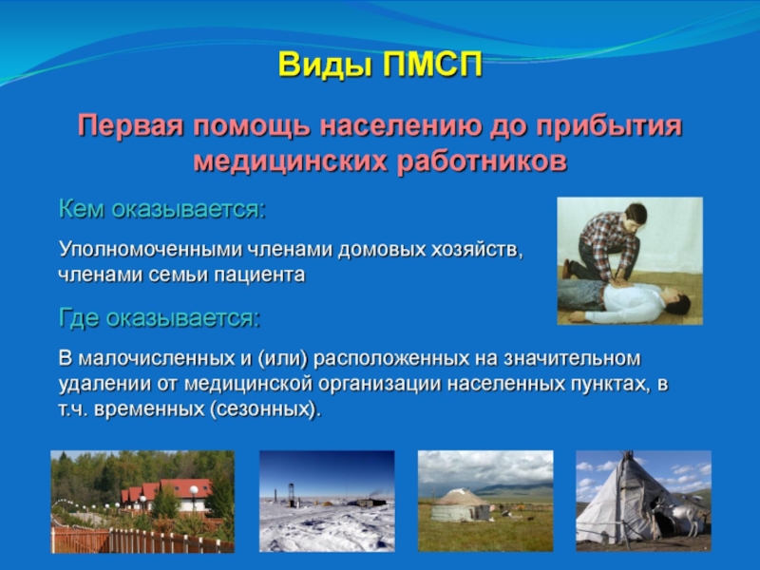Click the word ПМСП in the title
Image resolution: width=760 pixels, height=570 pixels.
point(433,65)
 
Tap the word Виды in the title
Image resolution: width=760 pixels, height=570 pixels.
point(325,65)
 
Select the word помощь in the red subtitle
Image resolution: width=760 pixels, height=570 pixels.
point(252,127)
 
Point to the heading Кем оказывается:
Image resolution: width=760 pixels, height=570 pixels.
point(162,209)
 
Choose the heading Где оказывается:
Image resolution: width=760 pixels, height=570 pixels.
point(160,318)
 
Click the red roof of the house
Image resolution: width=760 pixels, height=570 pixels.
point(185,487)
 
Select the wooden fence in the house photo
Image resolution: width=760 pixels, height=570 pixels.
point(141,540)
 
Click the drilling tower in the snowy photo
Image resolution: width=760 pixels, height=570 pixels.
point(293,493)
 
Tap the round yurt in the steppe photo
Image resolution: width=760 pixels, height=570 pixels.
point(460,505)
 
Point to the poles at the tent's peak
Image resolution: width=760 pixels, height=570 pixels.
point(628,456)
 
